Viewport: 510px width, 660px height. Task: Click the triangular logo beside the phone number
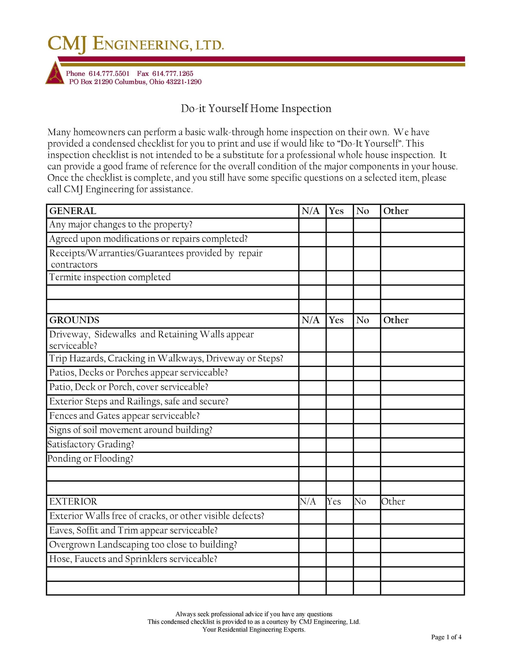(x=55, y=73)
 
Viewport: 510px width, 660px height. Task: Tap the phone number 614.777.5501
(x=109, y=73)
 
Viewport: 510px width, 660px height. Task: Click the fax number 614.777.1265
(x=173, y=73)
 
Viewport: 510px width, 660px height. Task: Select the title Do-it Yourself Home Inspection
(x=256, y=109)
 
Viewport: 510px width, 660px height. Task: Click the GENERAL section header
(x=73, y=211)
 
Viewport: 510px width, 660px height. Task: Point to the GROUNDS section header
(x=74, y=320)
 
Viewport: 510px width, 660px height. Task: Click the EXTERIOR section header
(x=73, y=502)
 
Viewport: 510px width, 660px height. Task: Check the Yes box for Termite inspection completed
(x=339, y=277)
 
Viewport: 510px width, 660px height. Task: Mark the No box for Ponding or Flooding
(x=367, y=459)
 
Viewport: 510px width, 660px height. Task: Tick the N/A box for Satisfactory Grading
(x=312, y=445)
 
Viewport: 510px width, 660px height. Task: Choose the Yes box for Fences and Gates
(x=339, y=416)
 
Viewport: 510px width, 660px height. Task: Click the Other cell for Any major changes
(x=422, y=225)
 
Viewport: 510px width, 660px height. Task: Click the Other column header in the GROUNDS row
(x=396, y=320)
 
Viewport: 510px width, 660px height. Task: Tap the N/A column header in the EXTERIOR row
(x=308, y=502)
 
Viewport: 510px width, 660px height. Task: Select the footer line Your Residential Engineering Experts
(x=254, y=629)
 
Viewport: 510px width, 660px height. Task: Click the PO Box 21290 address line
(x=135, y=82)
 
